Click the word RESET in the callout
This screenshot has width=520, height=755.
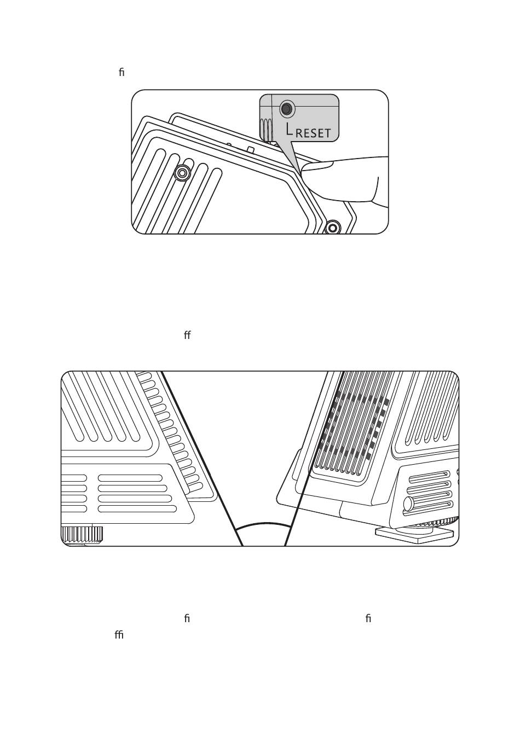click(x=313, y=133)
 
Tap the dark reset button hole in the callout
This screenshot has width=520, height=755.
click(x=285, y=109)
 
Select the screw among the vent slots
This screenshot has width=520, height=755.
click(x=182, y=173)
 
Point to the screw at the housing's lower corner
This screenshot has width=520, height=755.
click(x=332, y=227)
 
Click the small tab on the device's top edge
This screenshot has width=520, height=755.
click(x=250, y=149)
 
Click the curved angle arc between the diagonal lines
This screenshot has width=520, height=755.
click(x=263, y=525)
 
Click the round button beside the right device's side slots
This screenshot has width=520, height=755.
click(x=408, y=503)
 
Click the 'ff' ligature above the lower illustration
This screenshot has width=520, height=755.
click(x=187, y=335)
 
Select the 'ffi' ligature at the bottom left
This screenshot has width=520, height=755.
click(x=119, y=635)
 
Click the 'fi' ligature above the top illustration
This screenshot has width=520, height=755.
click(x=122, y=72)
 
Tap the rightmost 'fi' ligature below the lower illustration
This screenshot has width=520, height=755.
click(x=368, y=618)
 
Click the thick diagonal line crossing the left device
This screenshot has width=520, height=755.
click(x=202, y=459)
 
